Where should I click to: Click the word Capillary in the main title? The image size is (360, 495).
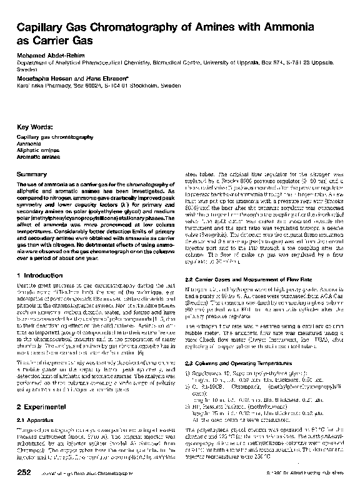(x=42, y=27)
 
